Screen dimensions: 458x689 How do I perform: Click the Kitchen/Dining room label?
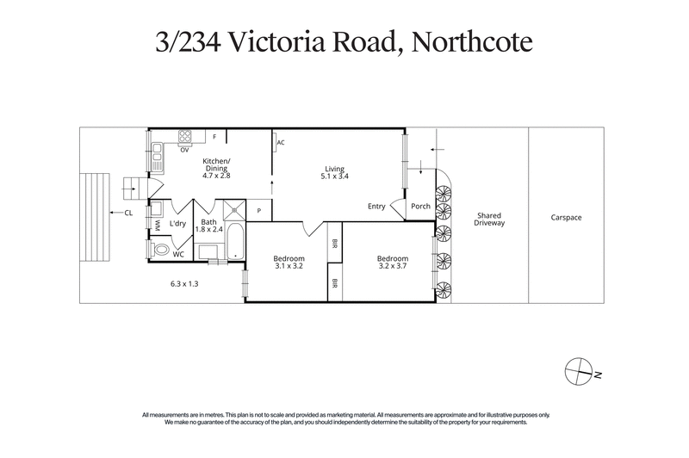click(x=216, y=168)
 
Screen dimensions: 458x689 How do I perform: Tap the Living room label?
click(x=335, y=172)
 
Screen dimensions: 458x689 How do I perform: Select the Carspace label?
click(x=566, y=218)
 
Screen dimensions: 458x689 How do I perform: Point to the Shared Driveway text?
click(x=488, y=219)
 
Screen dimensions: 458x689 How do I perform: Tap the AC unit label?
click(x=282, y=143)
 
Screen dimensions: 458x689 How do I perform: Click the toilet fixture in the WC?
click(x=160, y=250)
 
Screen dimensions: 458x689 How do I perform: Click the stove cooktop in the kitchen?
click(x=184, y=136)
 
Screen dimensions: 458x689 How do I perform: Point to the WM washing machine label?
click(x=158, y=225)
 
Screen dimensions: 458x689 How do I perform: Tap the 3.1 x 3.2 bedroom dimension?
click(x=289, y=263)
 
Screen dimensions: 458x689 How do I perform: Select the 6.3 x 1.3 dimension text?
click(x=183, y=283)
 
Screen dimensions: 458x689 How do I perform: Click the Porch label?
click(x=420, y=206)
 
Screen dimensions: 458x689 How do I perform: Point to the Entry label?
click(x=376, y=206)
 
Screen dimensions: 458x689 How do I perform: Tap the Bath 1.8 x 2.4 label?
click(x=209, y=226)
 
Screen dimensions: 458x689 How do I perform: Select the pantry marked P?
click(x=259, y=210)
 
